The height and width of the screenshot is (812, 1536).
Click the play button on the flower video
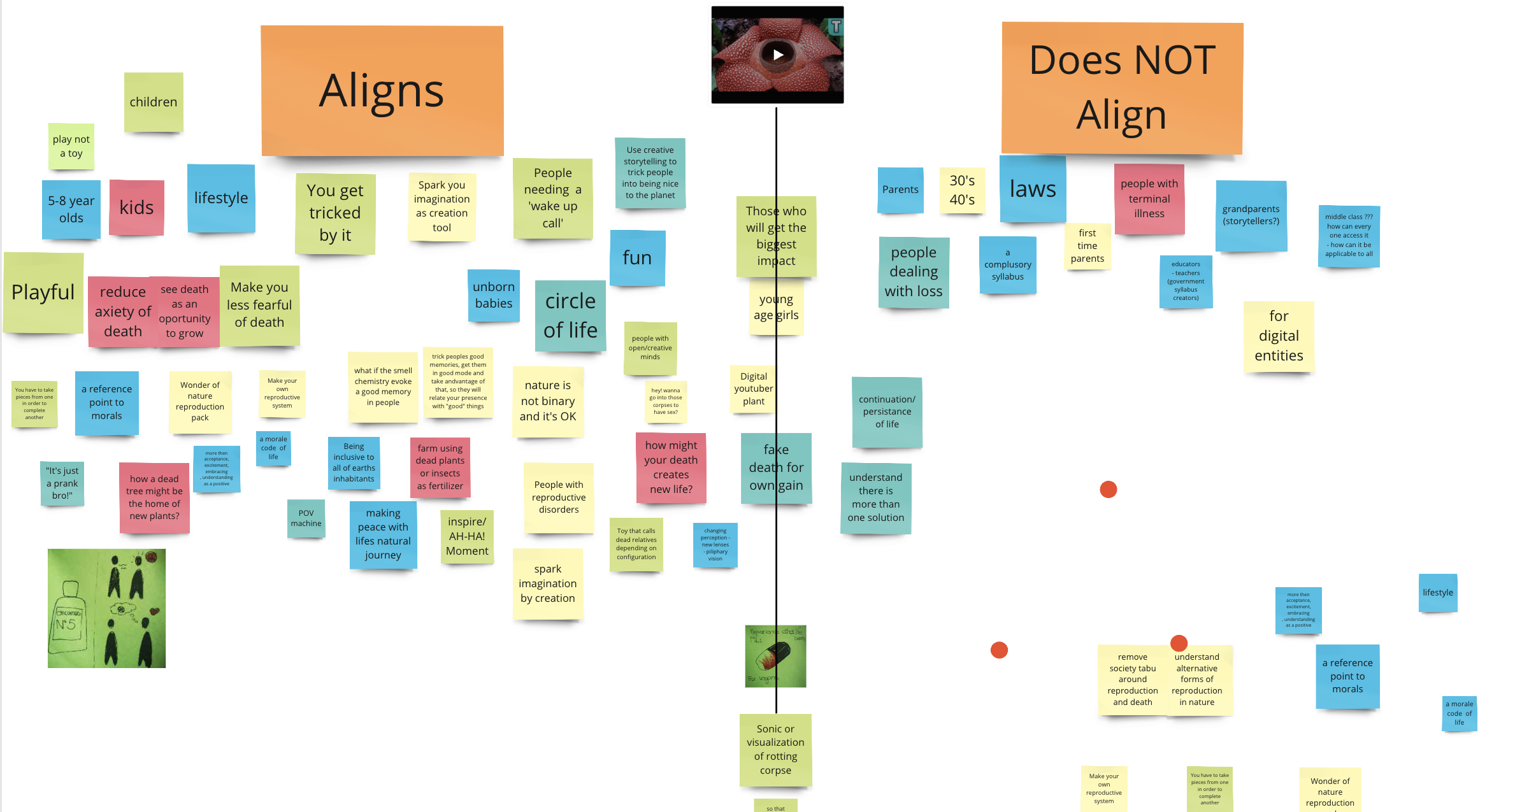click(778, 55)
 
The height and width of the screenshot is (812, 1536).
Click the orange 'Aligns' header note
click(382, 91)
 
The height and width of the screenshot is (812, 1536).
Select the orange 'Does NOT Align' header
click(1122, 88)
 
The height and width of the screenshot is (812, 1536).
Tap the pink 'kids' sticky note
click(136, 208)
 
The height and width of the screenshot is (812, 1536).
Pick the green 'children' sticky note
click(154, 102)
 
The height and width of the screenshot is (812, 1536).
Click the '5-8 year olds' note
click(71, 209)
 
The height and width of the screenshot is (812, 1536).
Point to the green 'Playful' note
click(43, 292)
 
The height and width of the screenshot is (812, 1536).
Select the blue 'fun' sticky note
click(637, 258)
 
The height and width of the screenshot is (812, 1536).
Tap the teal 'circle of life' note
click(570, 316)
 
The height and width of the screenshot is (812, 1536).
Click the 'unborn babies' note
click(494, 296)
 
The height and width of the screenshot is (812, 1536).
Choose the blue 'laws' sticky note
click(1033, 189)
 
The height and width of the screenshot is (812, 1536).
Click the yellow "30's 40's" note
click(962, 190)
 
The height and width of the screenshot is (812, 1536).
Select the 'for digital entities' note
click(1279, 336)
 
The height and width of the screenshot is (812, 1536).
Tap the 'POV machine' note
click(306, 518)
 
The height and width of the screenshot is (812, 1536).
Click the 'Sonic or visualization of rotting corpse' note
click(775, 750)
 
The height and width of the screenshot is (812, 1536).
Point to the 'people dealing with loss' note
click(914, 272)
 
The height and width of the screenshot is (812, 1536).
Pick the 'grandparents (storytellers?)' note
click(1251, 215)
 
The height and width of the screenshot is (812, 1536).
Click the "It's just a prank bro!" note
click(62, 483)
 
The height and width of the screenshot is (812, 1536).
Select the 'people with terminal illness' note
click(1149, 199)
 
